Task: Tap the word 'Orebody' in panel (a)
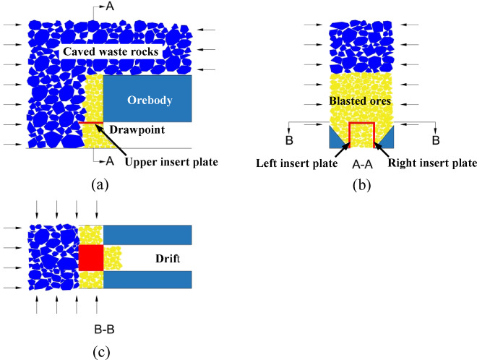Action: click(148, 100)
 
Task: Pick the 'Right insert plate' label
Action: click(432, 163)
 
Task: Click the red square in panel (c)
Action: click(92, 258)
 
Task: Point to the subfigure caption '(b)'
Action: click(360, 184)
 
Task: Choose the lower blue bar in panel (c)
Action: click(148, 280)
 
